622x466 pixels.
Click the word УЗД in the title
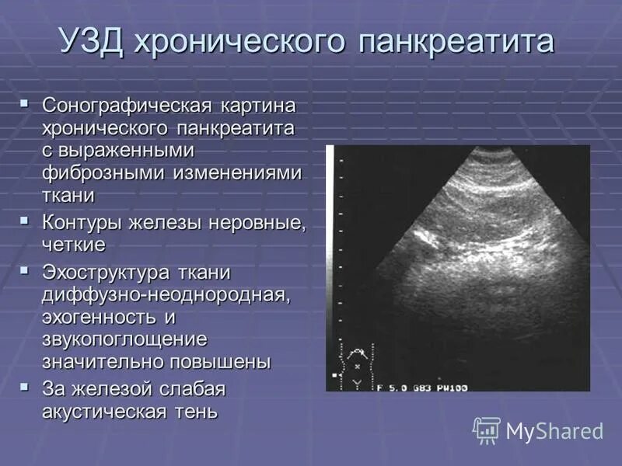(x=93, y=40)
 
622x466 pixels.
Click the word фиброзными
(x=102, y=172)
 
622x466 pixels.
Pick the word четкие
(x=74, y=245)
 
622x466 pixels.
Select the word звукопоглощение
(x=125, y=340)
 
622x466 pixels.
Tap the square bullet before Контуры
(x=26, y=222)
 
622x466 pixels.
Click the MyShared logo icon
(x=487, y=430)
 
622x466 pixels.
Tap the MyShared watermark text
(x=554, y=431)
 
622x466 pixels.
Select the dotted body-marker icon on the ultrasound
(x=358, y=365)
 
